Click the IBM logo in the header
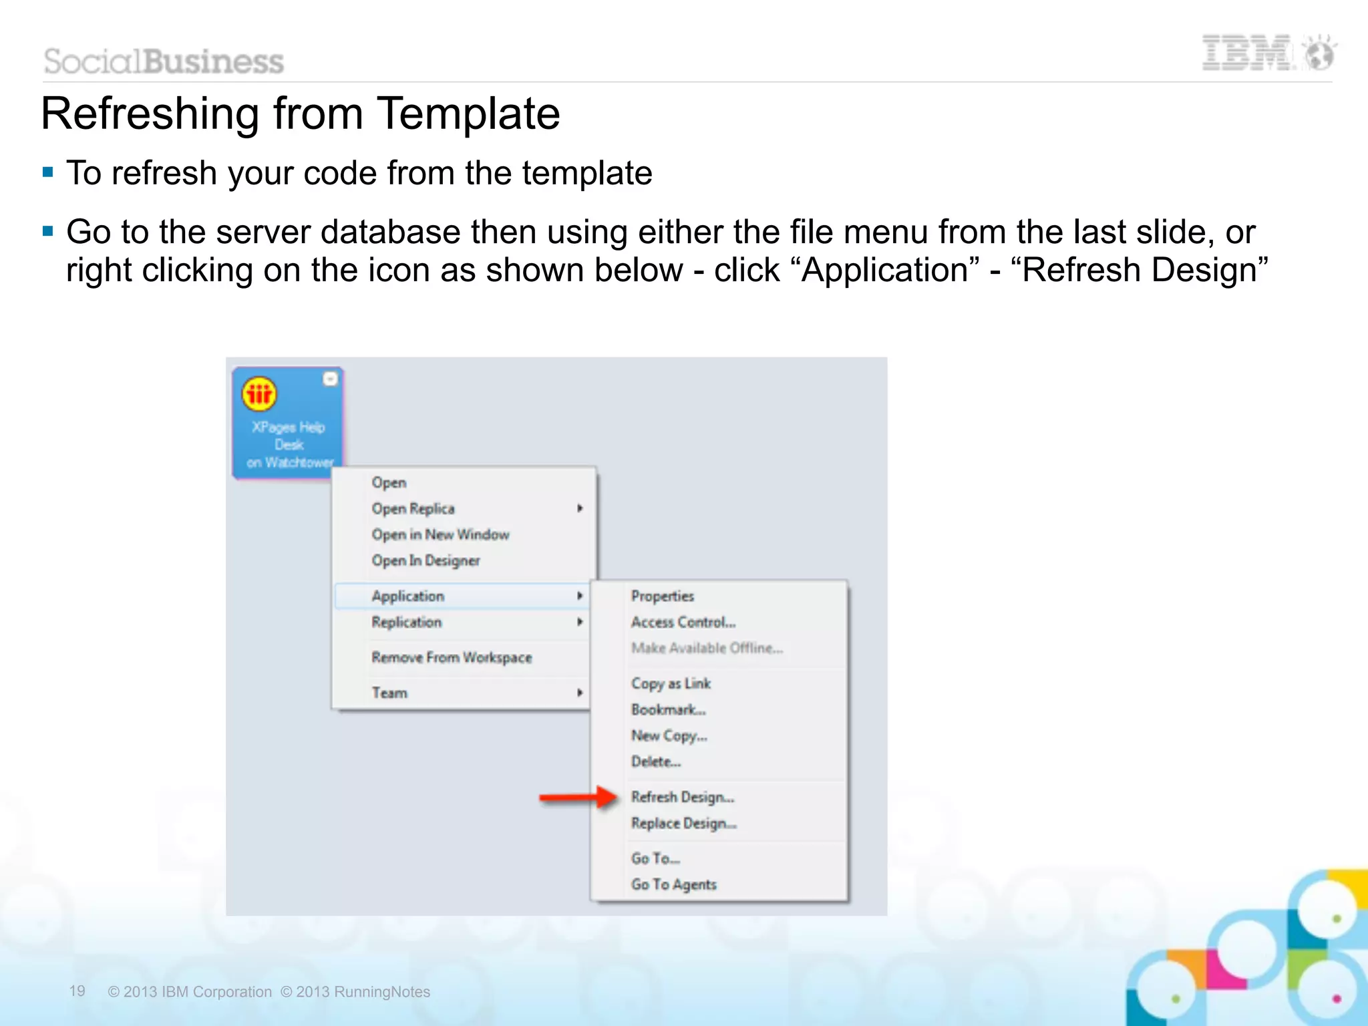pyautogui.click(x=1247, y=53)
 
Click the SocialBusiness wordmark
pyautogui.click(x=164, y=61)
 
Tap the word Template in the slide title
pyautogui.click(x=468, y=114)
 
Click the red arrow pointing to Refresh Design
pyautogui.click(x=578, y=797)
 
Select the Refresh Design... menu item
pyautogui.click(x=682, y=797)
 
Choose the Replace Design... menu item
pyautogui.click(x=683, y=823)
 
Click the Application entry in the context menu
pyautogui.click(x=407, y=596)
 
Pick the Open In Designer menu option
pyautogui.click(x=425, y=560)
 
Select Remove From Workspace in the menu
pyautogui.click(x=452, y=657)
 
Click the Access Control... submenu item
pyautogui.click(x=683, y=622)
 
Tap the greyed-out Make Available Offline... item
pyautogui.click(x=707, y=648)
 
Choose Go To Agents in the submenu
pyautogui.click(x=673, y=884)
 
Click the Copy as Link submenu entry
pyautogui.click(x=671, y=683)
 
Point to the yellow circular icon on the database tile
pyautogui.click(x=259, y=394)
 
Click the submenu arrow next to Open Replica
pyautogui.click(x=580, y=508)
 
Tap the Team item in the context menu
pyautogui.click(x=389, y=693)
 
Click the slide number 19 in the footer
pyautogui.click(x=77, y=991)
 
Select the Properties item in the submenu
pyautogui.click(x=662, y=596)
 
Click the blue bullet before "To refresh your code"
pyautogui.click(x=47, y=173)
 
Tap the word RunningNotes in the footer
pyautogui.click(x=382, y=992)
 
